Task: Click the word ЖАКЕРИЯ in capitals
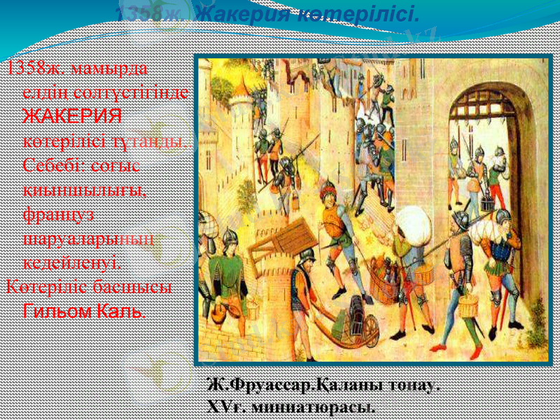pyautogui.click(x=72, y=115)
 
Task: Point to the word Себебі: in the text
pyautogui.click(x=50, y=164)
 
